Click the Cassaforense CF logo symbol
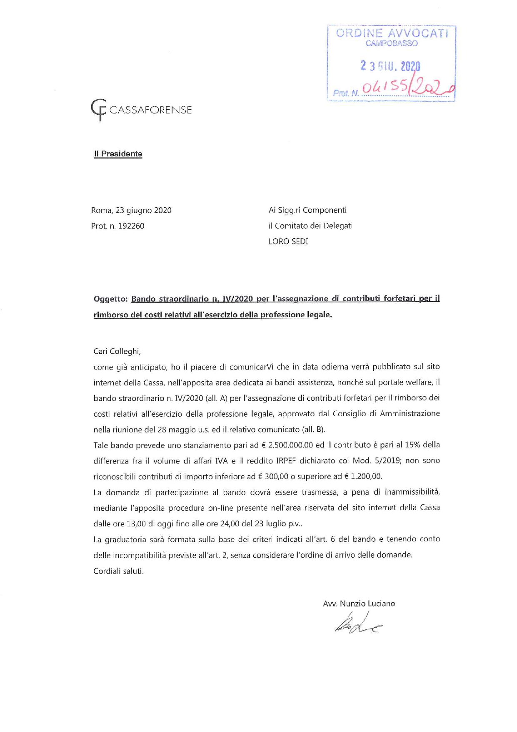[99, 109]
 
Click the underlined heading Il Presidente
[118, 154]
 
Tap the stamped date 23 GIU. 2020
[390, 66]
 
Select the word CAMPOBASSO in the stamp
[392, 43]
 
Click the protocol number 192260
[131, 226]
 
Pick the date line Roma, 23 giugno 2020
[131, 210]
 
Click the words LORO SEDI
[288, 241]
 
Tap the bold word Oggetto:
[110, 299]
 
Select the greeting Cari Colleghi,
[117, 351]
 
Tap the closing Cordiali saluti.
[118, 571]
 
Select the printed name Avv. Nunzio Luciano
[359, 604]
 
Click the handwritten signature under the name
[358, 623]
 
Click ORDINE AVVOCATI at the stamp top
[392, 33]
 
